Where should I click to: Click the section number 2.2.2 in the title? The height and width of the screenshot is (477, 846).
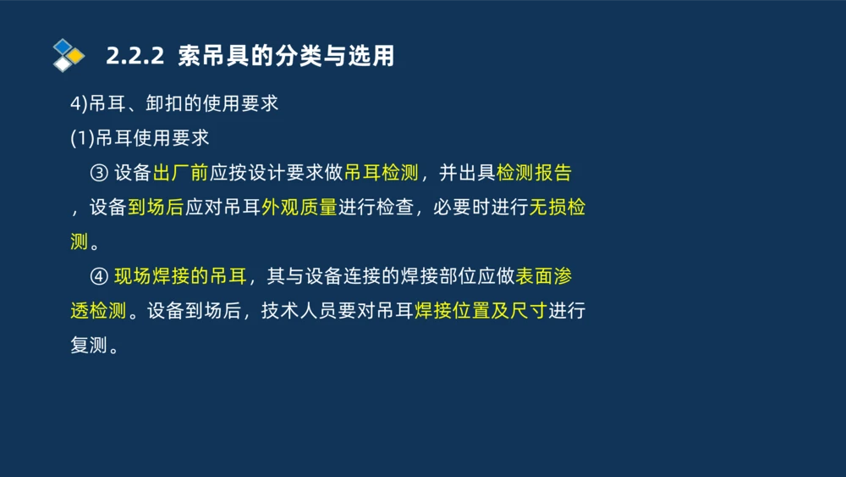135,56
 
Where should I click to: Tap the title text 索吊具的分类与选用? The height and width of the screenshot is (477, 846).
287,56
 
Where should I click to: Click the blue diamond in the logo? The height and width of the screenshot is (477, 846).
63,46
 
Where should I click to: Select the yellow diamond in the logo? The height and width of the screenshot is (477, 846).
76,56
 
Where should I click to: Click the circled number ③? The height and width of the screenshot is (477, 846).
98,173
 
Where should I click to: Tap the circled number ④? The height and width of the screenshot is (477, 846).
98,276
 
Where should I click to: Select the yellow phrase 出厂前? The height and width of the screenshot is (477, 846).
180,173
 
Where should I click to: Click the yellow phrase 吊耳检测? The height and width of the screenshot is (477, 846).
382,173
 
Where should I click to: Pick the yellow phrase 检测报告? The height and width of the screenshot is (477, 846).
534,173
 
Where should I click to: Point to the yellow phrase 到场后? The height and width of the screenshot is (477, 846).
156,208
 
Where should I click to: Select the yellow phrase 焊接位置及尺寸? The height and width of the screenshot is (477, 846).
481,311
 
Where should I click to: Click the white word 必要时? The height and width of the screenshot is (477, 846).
461,208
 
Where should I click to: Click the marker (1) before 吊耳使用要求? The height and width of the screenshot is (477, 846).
81,138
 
